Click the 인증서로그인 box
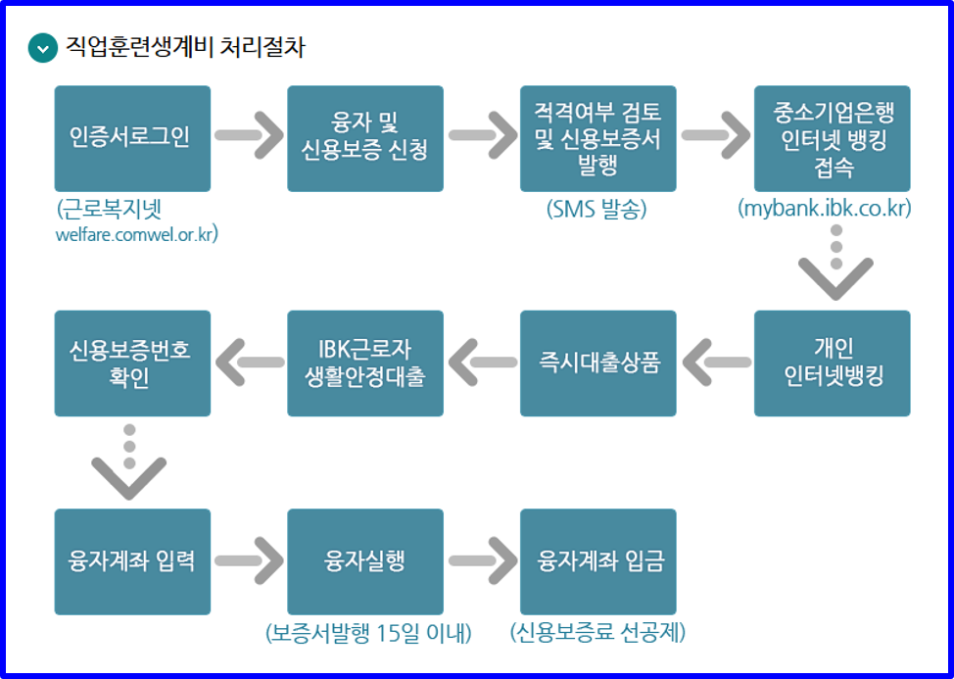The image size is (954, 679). [132, 138]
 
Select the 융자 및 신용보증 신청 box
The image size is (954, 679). [365, 138]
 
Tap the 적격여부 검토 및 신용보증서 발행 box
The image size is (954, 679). [597, 138]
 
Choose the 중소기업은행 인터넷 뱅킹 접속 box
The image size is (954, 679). [832, 138]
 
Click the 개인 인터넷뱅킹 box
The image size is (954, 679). [832, 364]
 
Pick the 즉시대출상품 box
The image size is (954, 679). [597, 364]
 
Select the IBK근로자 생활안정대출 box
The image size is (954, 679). [365, 364]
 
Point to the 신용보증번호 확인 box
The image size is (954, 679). [132, 364]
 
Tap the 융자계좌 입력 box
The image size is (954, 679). [132, 561]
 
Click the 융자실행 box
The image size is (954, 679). [365, 561]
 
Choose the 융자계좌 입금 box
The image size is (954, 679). [597, 561]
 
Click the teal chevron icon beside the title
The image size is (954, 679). [43, 48]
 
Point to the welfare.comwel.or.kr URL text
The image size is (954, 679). [137, 234]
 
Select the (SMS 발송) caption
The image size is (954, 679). [597, 210]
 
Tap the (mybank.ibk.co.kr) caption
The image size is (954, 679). [825, 210]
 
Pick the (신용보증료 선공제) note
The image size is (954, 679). [597, 633]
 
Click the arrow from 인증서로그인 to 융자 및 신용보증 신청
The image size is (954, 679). [249, 135]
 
